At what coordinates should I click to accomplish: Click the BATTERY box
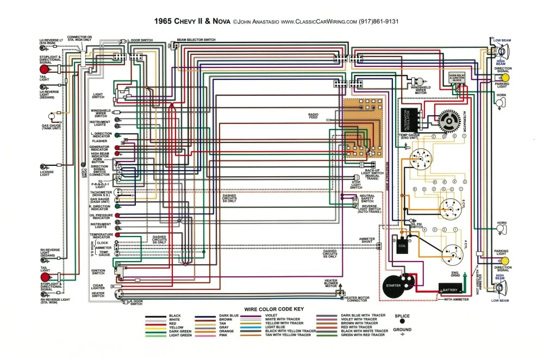[x=450, y=290]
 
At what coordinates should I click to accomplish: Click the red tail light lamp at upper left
[x=43, y=69]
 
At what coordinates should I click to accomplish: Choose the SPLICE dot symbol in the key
[x=402, y=321]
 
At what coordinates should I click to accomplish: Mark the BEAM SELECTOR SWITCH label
[x=196, y=40]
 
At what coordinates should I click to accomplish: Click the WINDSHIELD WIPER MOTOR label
[x=421, y=89]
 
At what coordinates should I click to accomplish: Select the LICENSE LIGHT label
[x=46, y=173]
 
